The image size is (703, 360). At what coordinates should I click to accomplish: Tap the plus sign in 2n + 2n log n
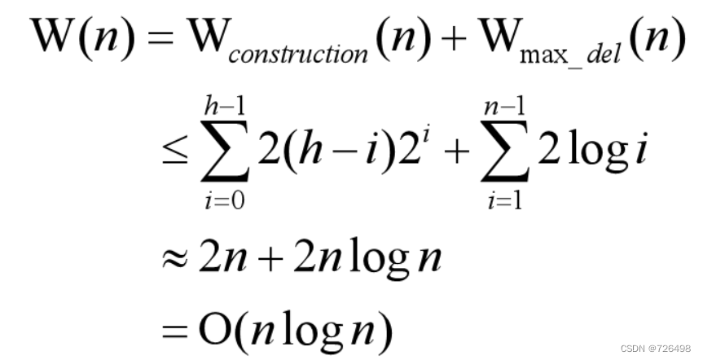pos(290,261)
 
